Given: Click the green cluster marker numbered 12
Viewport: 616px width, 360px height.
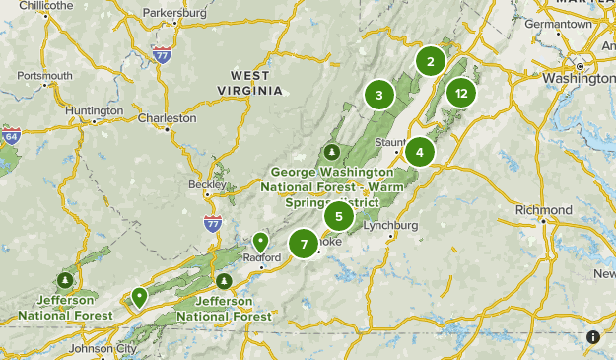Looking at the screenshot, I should tap(460, 94).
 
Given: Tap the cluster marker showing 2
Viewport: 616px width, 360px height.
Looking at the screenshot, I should tap(430, 62).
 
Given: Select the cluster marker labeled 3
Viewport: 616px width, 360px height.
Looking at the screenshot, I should tap(378, 95).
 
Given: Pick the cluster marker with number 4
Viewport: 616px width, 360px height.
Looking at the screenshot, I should tap(420, 152).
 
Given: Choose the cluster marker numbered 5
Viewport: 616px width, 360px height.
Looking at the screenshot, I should tap(339, 216).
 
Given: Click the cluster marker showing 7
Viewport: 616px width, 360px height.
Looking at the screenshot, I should tap(305, 243).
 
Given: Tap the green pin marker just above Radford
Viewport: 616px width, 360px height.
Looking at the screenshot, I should tap(261, 241).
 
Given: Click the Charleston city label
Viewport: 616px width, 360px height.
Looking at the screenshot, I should tap(168, 117).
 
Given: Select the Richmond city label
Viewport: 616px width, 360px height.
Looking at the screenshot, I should tap(543, 210).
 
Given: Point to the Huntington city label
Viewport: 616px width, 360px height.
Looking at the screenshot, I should tap(95, 110).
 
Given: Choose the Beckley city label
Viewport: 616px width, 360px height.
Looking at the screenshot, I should tap(207, 184).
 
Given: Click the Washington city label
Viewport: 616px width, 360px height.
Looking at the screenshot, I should tap(579, 79).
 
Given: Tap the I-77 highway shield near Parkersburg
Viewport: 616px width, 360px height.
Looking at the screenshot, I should tap(163, 54).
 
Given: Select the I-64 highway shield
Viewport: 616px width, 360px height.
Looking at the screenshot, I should tap(11, 134).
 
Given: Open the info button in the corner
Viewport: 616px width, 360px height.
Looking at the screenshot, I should tap(593, 337).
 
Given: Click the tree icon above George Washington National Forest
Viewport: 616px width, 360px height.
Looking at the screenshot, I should tap(332, 152).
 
